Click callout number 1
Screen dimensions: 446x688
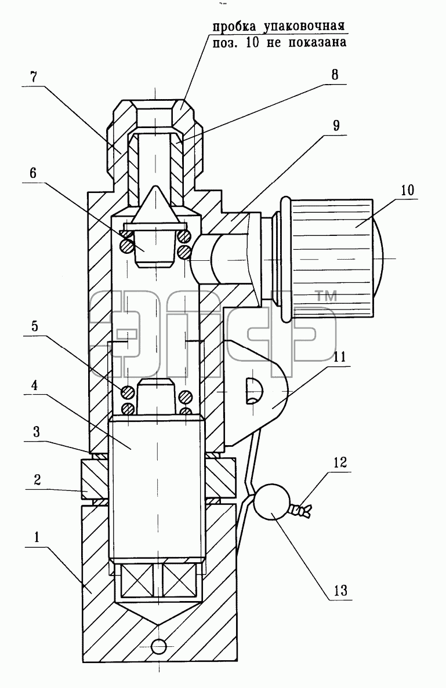(x=37, y=537)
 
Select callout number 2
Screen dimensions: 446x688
(x=37, y=479)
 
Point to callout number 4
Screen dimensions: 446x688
(x=34, y=385)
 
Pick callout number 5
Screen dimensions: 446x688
(x=35, y=326)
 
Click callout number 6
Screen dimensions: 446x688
(x=33, y=173)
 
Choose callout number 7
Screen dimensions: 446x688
(x=34, y=77)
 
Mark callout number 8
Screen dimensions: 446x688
(x=335, y=74)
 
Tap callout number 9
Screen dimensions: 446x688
(x=336, y=126)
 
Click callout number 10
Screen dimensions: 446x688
(x=407, y=190)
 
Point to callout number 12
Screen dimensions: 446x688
(x=340, y=462)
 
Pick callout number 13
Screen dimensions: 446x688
(x=340, y=590)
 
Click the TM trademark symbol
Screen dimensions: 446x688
(x=326, y=296)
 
